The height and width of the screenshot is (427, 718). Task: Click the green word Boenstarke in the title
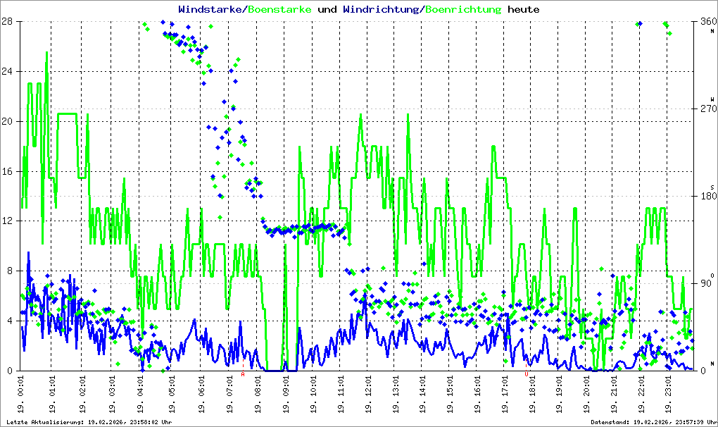(280, 10)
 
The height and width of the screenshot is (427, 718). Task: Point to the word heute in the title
(524, 10)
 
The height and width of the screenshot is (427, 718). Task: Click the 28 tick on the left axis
(10, 21)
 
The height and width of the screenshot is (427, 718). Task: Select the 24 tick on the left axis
(10, 71)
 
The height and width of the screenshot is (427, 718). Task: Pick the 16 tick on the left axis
(10, 171)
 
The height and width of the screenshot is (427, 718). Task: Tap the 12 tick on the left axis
(10, 221)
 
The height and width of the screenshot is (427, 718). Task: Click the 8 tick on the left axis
(13, 271)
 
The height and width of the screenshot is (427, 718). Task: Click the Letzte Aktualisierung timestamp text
(88, 421)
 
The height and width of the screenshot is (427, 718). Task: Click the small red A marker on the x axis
(244, 375)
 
